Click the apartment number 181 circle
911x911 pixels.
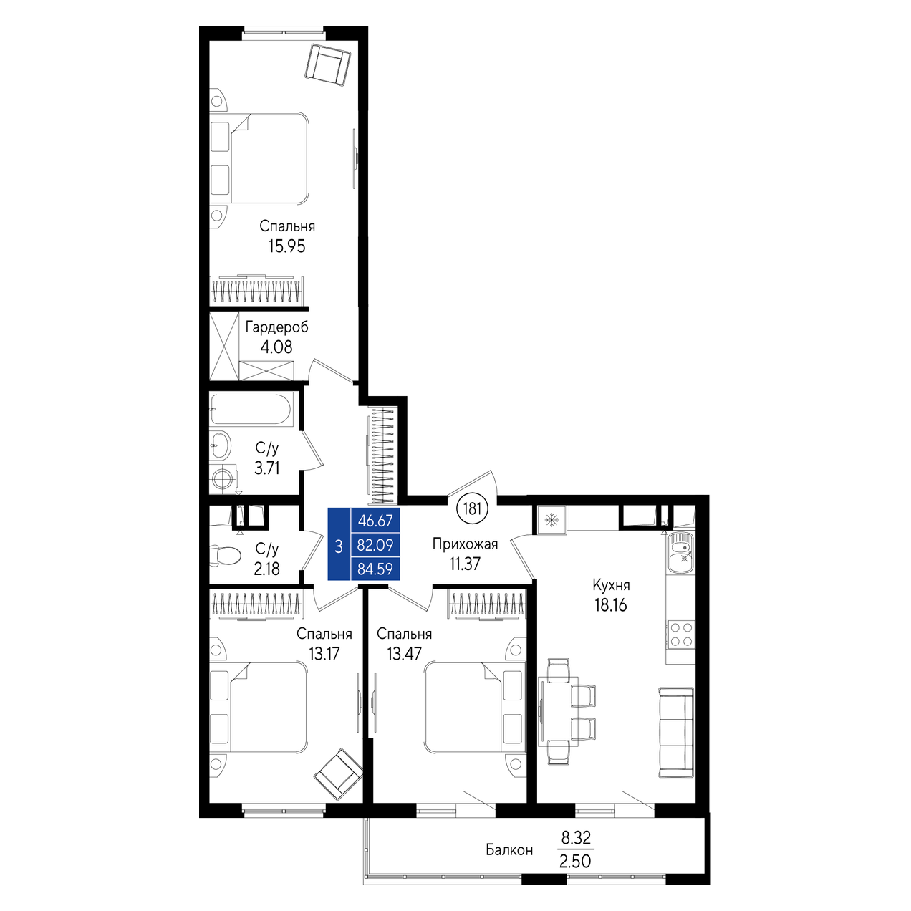[472, 509]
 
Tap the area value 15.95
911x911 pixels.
[287, 246]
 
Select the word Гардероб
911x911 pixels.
[276, 327]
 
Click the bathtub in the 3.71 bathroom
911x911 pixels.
[251, 410]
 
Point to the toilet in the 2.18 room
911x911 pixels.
[226, 556]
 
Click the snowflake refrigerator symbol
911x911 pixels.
[551, 521]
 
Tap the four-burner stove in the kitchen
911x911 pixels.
[680, 635]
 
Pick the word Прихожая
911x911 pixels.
[466, 544]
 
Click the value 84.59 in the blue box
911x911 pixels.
[375, 569]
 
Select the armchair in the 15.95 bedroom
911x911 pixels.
[328, 65]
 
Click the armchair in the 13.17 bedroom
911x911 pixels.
[338, 774]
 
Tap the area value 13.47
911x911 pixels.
[404, 654]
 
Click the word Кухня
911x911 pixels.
[611, 585]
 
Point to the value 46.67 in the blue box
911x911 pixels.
[376, 521]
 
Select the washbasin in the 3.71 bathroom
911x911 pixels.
[221, 445]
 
